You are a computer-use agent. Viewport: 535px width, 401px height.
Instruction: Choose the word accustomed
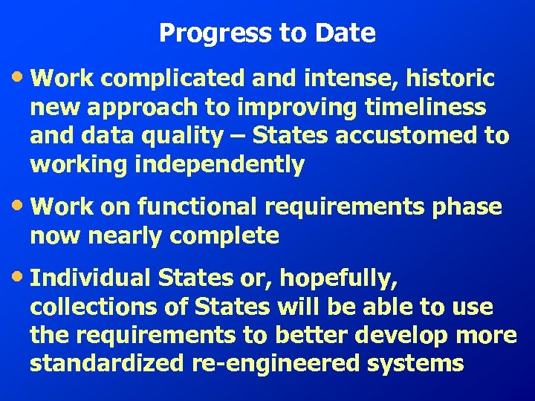point(424,137)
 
